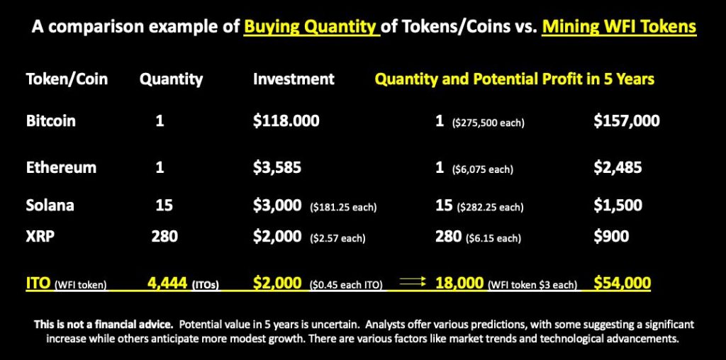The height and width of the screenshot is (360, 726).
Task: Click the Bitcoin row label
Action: tap(51, 121)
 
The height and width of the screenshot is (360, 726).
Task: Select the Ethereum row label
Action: tap(61, 167)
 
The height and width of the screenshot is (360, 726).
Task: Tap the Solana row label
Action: tap(50, 205)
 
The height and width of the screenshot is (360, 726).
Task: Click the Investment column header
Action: tap(294, 79)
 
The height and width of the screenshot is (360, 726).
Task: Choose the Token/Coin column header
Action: tap(67, 79)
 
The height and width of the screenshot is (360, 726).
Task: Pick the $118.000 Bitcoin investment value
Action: tap(286, 121)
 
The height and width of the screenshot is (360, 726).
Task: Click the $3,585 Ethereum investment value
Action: tap(277, 167)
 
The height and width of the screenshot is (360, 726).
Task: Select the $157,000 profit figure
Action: tap(627, 121)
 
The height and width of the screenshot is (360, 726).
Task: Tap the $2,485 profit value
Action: tap(618, 167)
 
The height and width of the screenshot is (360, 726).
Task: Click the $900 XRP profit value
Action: tap(611, 236)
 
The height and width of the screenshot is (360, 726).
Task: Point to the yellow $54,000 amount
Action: tap(622, 282)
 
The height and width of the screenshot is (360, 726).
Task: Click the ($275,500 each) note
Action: tap(488, 124)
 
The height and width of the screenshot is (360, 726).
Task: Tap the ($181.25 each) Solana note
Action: tap(343, 208)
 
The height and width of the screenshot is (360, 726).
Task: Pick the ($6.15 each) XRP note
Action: tap(493, 239)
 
